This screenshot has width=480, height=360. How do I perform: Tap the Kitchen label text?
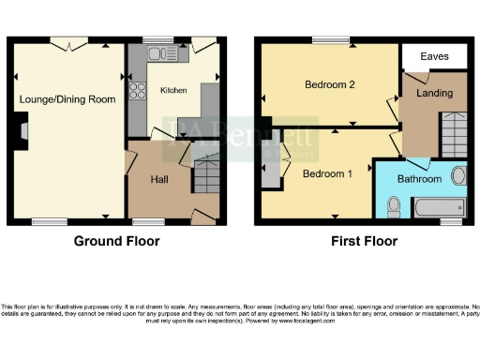pos(172,91)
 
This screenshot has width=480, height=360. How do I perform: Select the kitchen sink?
pos(160,52)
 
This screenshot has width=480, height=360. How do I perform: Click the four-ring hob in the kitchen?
pos(137,91)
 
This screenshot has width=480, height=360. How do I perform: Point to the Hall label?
pos(159,179)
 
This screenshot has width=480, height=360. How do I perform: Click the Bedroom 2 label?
pos(329,84)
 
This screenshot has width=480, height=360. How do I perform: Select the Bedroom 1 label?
pos(327,173)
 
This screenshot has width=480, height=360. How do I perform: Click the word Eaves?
pos(433,57)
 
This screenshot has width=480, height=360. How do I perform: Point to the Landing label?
pos(435,94)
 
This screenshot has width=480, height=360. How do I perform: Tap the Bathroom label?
pos(419,178)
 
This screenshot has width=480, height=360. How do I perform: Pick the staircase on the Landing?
pos(454,134)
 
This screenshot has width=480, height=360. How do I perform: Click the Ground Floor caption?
pos(116,241)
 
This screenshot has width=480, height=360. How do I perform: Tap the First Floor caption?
pos(364,241)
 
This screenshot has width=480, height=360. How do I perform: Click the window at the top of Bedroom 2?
pos(330,39)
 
